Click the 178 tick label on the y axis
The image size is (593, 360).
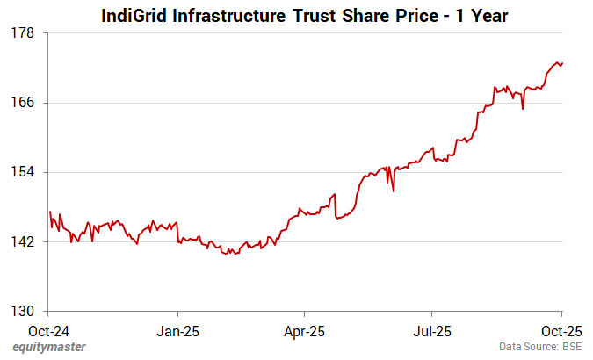[23, 33]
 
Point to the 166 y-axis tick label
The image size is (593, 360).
[23, 103]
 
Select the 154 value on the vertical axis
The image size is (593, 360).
[23, 172]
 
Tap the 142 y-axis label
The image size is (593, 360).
[23, 241]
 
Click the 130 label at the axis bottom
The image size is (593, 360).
[23, 311]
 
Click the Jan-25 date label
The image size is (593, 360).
[178, 331]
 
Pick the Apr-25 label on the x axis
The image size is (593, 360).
[304, 331]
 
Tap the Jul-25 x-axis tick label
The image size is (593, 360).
[432, 331]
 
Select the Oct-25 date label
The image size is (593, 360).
[560, 331]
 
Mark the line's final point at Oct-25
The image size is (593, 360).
[562, 62]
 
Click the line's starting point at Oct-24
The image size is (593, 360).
[50, 212]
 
